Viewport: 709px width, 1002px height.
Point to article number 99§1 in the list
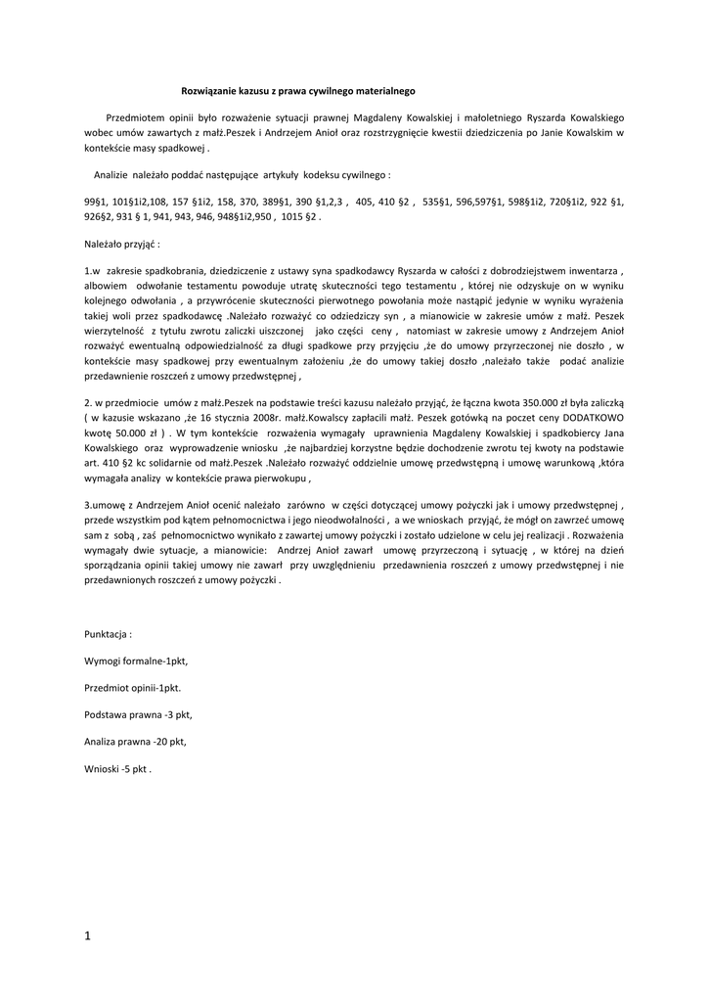pos(97,201)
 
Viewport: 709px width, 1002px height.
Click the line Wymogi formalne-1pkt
pos(136,661)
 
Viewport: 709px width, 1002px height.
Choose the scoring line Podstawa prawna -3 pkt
pos(138,715)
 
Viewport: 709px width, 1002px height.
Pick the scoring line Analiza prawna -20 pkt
pos(135,742)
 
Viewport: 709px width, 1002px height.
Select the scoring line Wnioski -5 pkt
pos(117,769)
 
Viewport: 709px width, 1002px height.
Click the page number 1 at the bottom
pos(87,936)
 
